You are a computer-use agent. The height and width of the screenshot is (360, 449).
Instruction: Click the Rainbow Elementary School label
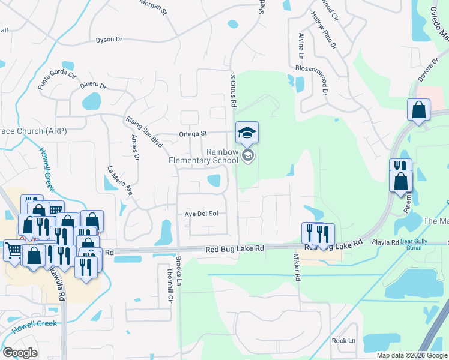click(203, 157)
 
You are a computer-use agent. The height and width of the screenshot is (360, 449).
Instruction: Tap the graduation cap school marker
click(247, 133)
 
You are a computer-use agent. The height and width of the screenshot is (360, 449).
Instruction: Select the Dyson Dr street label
click(109, 40)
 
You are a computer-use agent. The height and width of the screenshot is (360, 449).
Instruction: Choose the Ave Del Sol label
click(201, 214)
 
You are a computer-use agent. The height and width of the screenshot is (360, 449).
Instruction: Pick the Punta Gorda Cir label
click(58, 81)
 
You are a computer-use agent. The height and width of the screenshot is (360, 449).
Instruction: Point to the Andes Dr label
click(136, 148)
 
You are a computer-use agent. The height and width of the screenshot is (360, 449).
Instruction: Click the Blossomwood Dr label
click(324, 80)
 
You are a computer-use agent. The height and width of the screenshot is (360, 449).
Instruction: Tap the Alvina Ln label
click(301, 47)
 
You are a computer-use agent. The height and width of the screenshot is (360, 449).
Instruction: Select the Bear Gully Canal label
click(418, 244)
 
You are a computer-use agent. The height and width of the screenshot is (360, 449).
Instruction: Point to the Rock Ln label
click(343, 340)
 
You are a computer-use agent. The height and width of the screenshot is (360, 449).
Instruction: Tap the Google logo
click(20, 353)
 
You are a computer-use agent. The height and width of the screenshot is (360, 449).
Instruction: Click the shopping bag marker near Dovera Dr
click(418, 110)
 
